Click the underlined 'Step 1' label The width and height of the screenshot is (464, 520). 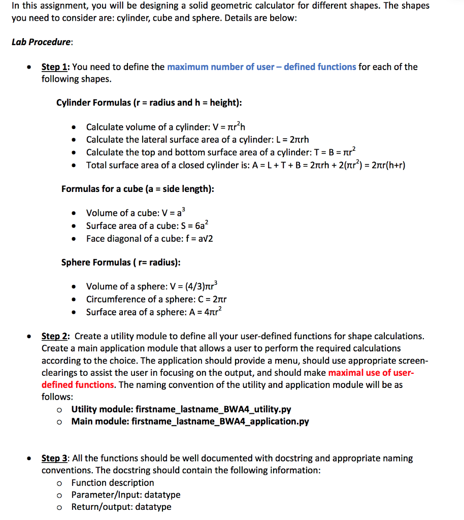(x=56, y=67)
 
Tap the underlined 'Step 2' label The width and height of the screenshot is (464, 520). (x=56, y=336)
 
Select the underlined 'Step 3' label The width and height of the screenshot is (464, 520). (x=56, y=458)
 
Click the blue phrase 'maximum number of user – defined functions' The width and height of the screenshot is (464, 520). (x=261, y=67)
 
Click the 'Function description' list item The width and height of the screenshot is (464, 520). (x=113, y=482)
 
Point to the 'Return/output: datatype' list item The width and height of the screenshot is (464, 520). (x=121, y=507)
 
